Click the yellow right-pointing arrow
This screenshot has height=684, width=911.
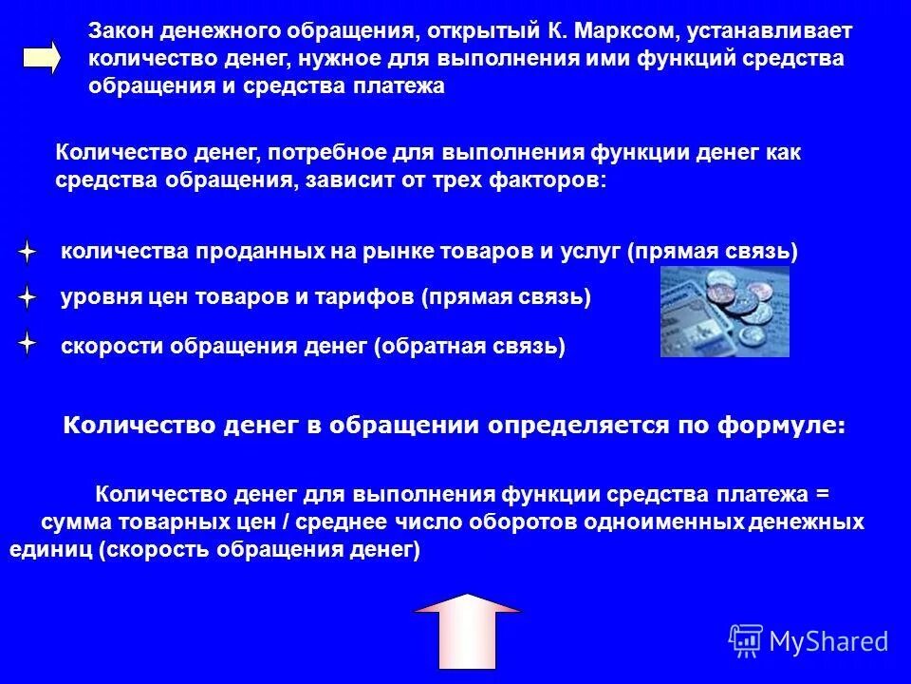(x=41, y=58)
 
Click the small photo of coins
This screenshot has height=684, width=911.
(x=724, y=311)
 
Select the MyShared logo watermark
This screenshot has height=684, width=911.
(x=809, y=641)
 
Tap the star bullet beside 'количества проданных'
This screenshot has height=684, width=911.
(x=28, y=253)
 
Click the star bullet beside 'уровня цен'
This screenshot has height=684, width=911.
(x=28, y=298)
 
